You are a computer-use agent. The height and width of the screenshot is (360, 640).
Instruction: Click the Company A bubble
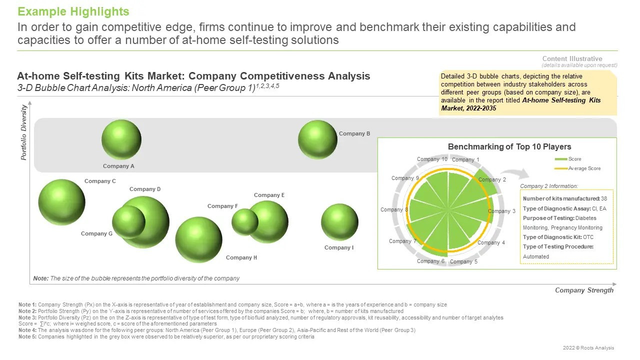[x=121, y=139]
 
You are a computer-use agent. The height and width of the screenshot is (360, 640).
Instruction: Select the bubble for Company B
[x=317, y=139]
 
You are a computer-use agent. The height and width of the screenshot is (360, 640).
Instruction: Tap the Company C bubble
[x=61, y=202]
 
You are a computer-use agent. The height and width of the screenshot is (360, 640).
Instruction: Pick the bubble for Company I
[x=339, y=222]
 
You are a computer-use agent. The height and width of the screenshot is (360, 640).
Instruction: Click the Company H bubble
[x=198, y=240]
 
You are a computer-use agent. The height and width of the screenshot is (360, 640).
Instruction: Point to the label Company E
[x=269, y=195]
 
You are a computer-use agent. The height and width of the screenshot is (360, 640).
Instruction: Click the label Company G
[x=96, y=233]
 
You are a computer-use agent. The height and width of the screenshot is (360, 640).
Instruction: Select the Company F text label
[x=222, y=206]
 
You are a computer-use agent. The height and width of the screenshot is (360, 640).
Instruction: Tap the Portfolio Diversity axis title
[x=23, y=132]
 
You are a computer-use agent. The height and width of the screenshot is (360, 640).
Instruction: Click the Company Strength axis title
[x=584, y=290]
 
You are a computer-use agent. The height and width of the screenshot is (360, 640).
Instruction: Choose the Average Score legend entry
[x=577, y=168]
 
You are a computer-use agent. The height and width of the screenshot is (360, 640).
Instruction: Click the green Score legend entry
[x=567, y=159]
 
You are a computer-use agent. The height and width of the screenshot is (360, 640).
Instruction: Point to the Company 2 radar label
[x=492, y=179]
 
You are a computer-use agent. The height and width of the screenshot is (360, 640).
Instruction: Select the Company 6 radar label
[x=430, y=261]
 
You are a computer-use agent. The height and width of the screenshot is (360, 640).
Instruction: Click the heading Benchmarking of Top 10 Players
[x=509, y=147]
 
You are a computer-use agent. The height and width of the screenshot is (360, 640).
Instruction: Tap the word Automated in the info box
[x=536, y=256]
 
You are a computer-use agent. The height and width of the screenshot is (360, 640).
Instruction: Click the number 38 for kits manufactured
[x=604, y=198]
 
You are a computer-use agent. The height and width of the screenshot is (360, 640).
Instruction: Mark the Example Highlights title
[x=73, y=11]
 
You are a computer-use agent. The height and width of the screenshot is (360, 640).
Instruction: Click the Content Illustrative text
[x=572, y=58]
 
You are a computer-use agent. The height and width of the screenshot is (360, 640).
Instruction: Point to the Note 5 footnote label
[x=27, y=336]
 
